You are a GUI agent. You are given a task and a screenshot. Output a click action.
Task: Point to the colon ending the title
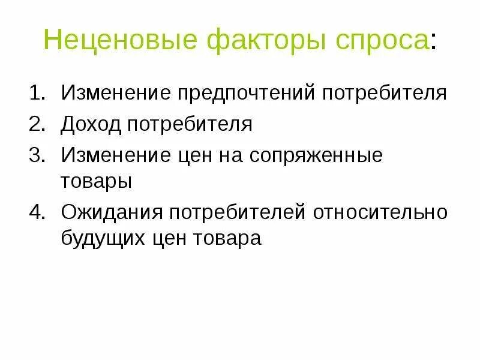(434, 42)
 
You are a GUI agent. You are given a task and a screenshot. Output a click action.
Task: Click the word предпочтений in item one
(246, 94)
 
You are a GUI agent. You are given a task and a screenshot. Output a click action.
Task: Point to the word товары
(96, 181)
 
